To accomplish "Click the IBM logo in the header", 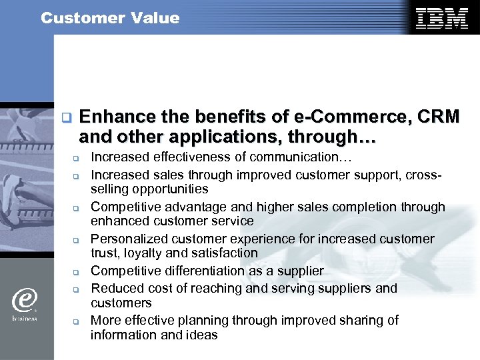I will (x=441, y=18).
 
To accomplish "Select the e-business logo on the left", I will (x=24, y=303).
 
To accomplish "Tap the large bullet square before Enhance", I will (x=65, y=118).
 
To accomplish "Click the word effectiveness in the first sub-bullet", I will (x=187, y=158).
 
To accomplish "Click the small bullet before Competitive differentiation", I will (x=76, y=272).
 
